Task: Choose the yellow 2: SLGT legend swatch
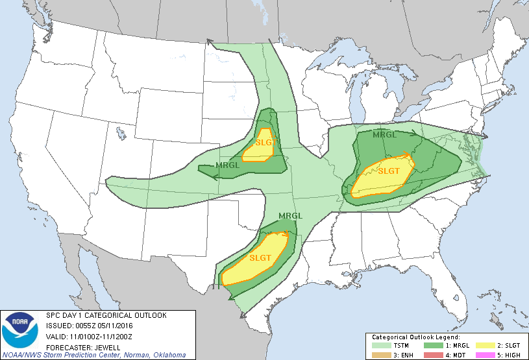[x=483, y=345]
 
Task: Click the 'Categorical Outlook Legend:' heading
[x=415, y=337]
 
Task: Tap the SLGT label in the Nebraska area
[x=265, y=143]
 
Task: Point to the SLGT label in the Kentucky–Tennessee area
[x=389, y=171]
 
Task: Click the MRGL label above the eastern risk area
[x=384, y=135]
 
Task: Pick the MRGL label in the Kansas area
[x=228, y=165]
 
